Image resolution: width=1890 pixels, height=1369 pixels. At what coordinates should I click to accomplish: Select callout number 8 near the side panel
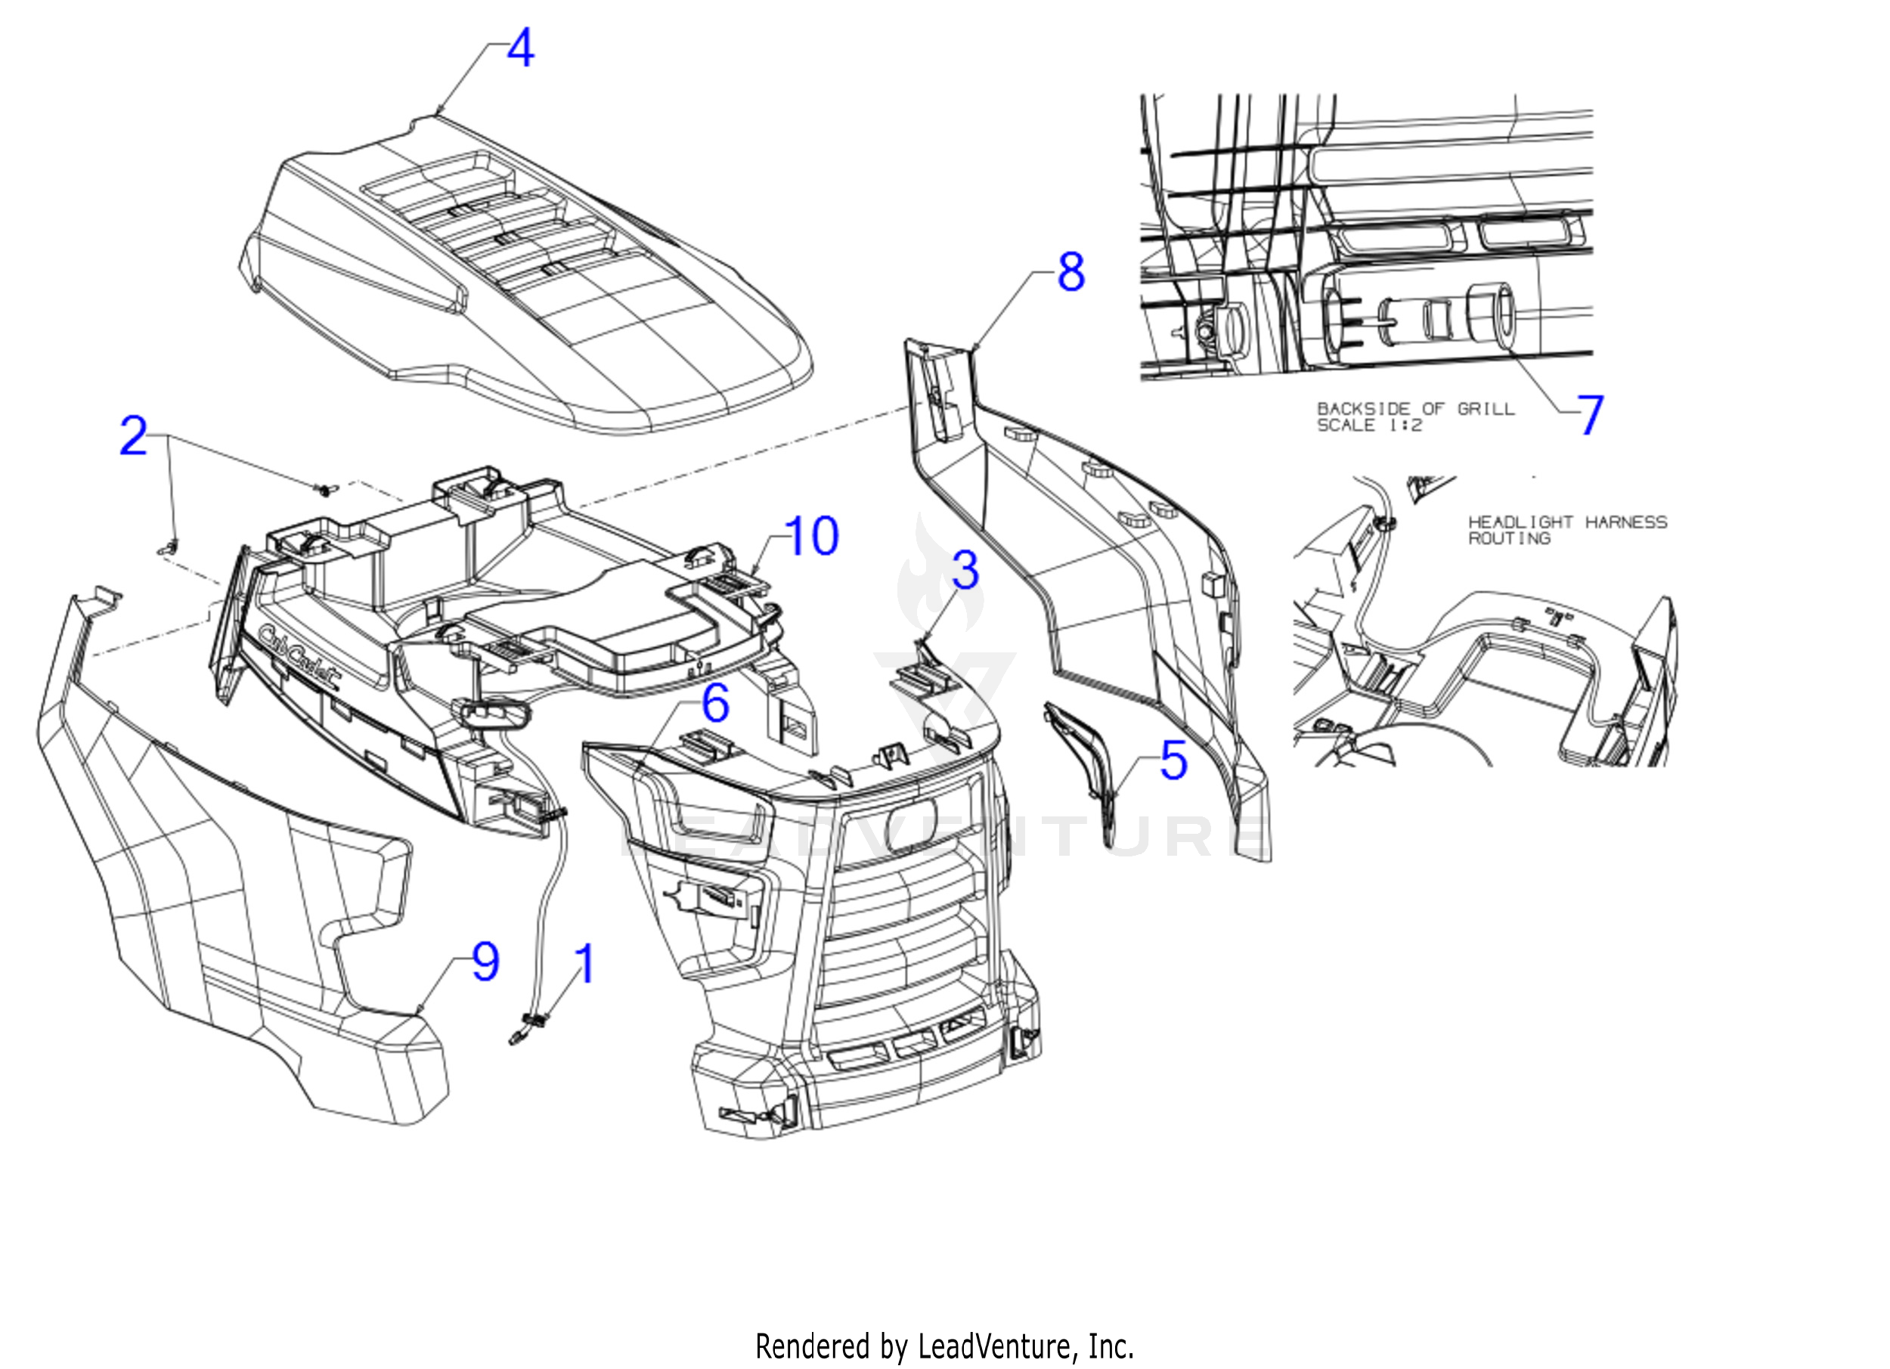tap(1070, 271)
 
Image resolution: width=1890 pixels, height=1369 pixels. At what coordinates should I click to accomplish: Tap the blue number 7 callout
tap(1590, 415)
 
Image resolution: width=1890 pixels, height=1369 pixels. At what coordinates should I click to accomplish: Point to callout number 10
tap(811, 536)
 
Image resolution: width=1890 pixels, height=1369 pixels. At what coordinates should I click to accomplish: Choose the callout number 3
tap(965, 571)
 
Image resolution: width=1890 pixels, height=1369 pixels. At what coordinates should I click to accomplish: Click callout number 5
tap(1173, 760)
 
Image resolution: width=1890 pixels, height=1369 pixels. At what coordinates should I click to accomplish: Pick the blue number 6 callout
tap(715, 704)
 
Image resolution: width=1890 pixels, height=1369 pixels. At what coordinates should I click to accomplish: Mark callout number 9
tap(486, 962)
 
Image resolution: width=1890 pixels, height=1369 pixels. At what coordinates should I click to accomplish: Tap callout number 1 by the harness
tap(586, 964)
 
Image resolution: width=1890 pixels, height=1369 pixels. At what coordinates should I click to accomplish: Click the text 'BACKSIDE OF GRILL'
tap(1415, 409)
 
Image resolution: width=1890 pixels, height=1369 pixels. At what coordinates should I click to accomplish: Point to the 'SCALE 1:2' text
tap(1369, 426)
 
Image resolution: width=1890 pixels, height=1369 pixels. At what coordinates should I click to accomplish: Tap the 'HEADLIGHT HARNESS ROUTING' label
tap(1566, 530)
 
